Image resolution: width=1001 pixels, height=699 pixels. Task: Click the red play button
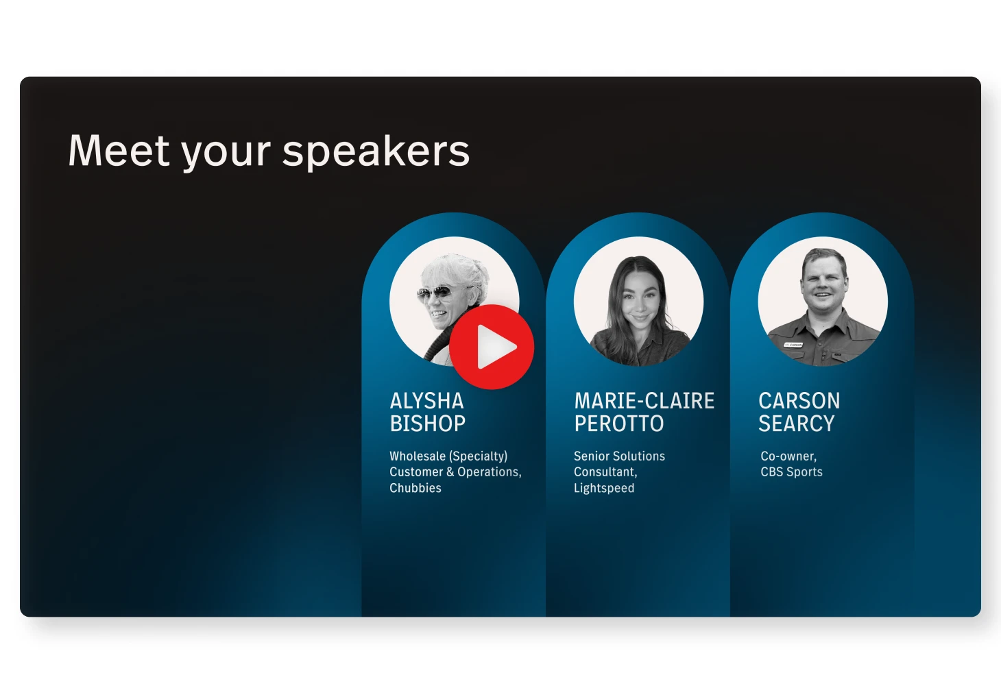pos(492,347)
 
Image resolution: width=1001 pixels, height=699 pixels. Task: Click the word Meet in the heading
pos(119,151)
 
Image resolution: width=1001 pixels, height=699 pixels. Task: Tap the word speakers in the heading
pos(376,152)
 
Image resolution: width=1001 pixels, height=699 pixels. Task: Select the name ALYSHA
pos(426,401)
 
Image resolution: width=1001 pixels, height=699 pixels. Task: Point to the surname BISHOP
pos(428,423)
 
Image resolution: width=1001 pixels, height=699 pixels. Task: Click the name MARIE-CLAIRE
pos(644,401)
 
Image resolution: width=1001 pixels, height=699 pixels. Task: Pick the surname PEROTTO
pos(619,423)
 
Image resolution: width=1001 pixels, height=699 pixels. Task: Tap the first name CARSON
pos(799,401)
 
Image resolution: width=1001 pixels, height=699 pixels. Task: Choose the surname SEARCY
pos(796,423)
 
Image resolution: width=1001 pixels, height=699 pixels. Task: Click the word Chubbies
pos(415,488)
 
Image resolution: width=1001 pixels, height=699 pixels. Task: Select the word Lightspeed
pos(604,488)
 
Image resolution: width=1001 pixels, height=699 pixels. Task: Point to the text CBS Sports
pos(791,472)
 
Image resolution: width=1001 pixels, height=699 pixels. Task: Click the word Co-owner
pos(788,456)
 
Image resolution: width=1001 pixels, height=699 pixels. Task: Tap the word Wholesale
pos(418,456)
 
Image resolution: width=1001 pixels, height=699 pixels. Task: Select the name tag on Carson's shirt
pos(794,345)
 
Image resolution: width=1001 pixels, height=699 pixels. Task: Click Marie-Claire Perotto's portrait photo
pos(638,302)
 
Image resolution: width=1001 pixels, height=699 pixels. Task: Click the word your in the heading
pos(226,154)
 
